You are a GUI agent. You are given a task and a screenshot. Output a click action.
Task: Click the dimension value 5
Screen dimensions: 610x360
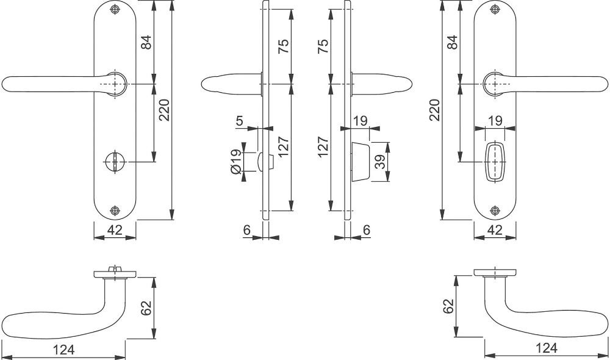pos(239,121)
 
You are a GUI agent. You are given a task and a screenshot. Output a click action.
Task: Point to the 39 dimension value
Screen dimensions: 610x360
pos(381,162)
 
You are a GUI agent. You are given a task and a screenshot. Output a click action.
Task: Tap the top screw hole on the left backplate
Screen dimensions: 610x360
pos(114,10)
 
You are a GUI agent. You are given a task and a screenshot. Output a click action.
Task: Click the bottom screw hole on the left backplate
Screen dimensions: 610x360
pos(114,211)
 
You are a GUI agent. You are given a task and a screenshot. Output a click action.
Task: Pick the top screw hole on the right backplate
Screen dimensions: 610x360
pos(495,10)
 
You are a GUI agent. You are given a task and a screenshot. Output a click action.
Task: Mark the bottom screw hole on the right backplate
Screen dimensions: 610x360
pos(495,211)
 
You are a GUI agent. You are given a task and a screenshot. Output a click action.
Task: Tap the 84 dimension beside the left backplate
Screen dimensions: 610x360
pos(146,42)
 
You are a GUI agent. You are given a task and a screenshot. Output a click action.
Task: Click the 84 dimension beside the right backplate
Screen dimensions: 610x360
pos(452,42)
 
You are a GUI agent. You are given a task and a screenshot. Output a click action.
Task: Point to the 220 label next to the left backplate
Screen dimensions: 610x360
pos(165,110)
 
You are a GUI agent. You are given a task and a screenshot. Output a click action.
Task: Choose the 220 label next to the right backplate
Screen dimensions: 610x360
pos(434,110)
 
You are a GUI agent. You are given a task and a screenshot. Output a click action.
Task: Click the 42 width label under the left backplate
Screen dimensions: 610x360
pos(115,230)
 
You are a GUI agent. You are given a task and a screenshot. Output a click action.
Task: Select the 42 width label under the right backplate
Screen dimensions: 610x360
pos(495,230)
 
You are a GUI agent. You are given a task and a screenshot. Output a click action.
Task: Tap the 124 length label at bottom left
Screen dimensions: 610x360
pos(63,350)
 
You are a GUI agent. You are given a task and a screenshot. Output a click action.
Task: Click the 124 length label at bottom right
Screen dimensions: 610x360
pos(546,348)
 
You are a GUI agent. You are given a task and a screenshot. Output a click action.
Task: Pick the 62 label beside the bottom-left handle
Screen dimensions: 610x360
pos(146,308)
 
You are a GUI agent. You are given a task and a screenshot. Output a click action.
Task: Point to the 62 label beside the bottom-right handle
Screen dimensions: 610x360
pos(448,306)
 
